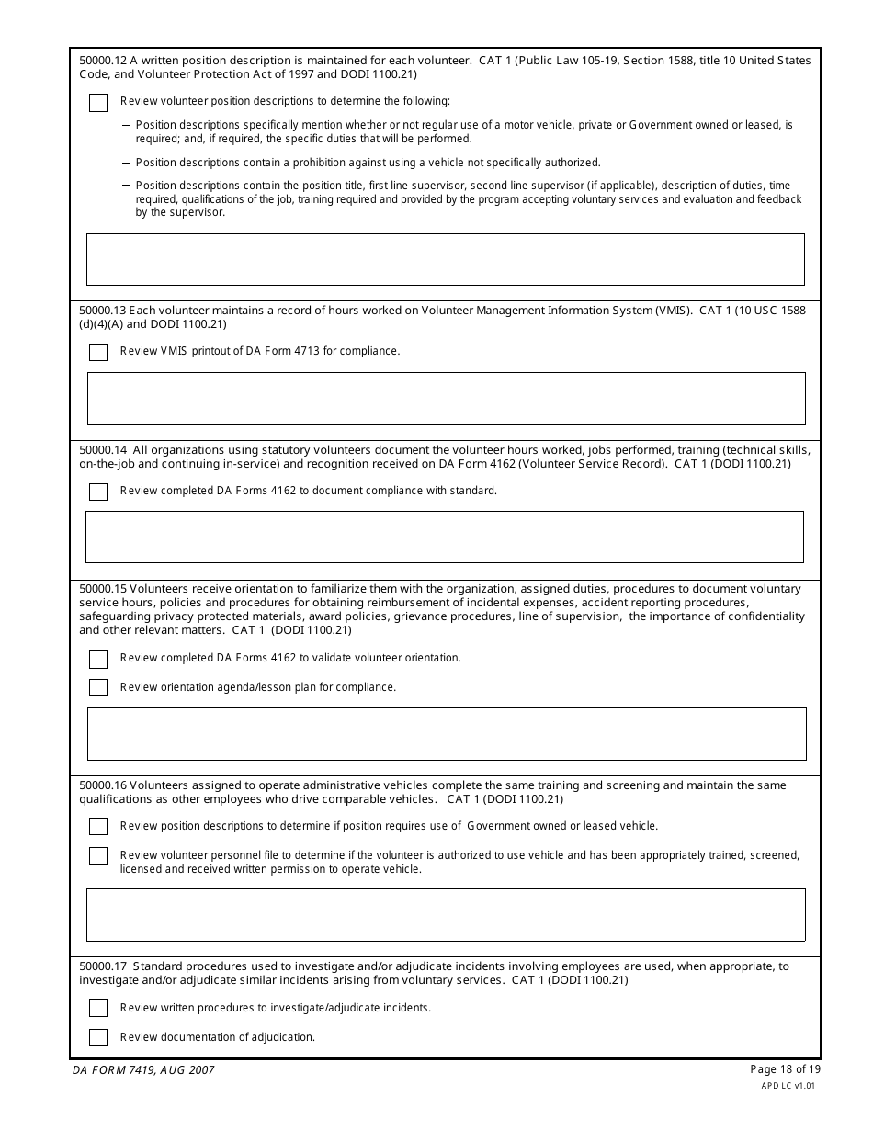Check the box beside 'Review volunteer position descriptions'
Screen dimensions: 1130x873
click(98, 103)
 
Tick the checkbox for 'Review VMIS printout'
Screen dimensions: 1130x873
click(98, 352)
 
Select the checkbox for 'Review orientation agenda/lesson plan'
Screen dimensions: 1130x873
click(98, 688)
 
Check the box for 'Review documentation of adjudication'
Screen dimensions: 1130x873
click(98, 1037)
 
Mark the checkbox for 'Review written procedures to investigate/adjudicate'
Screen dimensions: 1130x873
click(98, 1009)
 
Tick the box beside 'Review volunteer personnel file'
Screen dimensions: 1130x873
click(98, 856)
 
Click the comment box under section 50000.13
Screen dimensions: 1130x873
click(446, 399)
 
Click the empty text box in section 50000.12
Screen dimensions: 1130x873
click(446, 259)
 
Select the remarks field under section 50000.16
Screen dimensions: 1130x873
click(446, 915)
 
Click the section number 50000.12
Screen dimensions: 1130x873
click(103, 61)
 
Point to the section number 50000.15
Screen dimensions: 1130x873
click(103, 589)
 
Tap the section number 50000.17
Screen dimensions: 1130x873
click(103, 966)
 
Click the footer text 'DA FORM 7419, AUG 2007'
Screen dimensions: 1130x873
click(143, 1070)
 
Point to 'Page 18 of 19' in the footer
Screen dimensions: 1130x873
click(785, 1068)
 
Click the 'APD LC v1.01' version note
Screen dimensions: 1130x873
click(788, 1085)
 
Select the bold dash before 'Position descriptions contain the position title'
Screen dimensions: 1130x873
click(126, 186)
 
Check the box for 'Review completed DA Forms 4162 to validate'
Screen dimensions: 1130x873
click(98, 660)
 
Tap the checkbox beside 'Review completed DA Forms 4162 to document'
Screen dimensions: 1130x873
click(98, 492)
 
